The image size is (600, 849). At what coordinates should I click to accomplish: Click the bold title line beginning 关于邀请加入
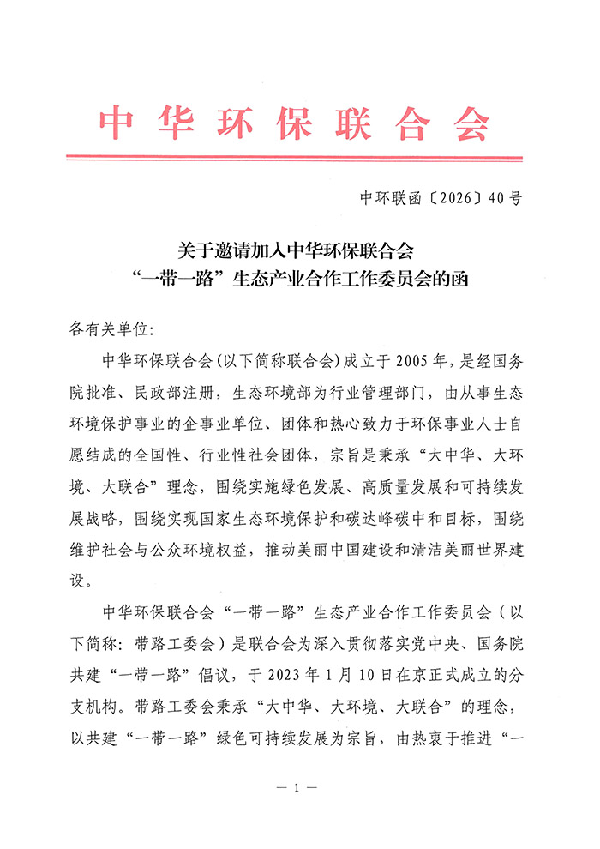pyautogui.click(x=295, y=251)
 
